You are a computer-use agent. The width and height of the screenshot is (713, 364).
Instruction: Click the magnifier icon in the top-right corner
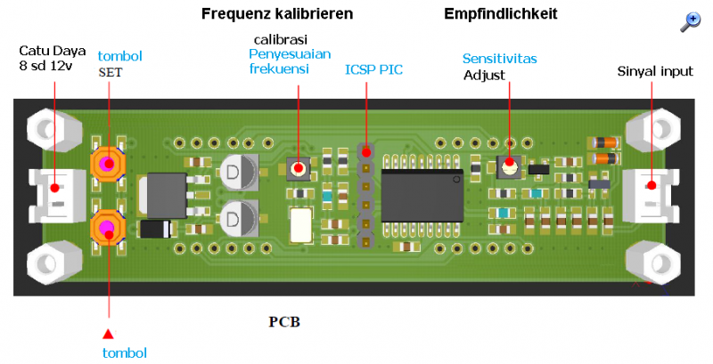pyautogui.click(x=690, y=22)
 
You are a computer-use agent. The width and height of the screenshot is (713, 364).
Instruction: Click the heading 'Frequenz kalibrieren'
pyautogui.click(x=277, y=14)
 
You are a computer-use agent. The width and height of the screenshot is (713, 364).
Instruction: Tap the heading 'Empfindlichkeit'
pyautogui.click(x=500, y=14)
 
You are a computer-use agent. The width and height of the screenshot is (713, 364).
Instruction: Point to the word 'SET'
pyautogui.click(x=110, y=73)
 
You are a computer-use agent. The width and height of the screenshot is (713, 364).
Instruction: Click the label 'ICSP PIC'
pyautogui.click(x=374, y=69)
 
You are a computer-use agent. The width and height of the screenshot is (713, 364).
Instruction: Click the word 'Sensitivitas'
pyautogui.click(x=499, y=59)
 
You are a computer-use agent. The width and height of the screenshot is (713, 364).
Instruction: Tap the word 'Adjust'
pyautogui.click(x=485, y=75)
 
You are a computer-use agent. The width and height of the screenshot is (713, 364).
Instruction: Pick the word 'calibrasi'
pyautogui.click(x=281, y=40)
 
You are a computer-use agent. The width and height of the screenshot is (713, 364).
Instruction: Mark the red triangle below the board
pyautogui.click(x=109, y=334)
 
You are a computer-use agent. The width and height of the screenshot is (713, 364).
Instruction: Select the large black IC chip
pyautogui.click(x=422, y=192)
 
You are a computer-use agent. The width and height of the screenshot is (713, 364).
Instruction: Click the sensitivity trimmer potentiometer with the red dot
pyautogui.click(x=508, y=165)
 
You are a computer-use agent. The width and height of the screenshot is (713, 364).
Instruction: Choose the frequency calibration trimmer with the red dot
pyautogui.click(x=299, y=167)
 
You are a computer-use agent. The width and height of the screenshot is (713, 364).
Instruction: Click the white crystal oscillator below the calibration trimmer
pyautogui.click(x=301, y=223)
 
